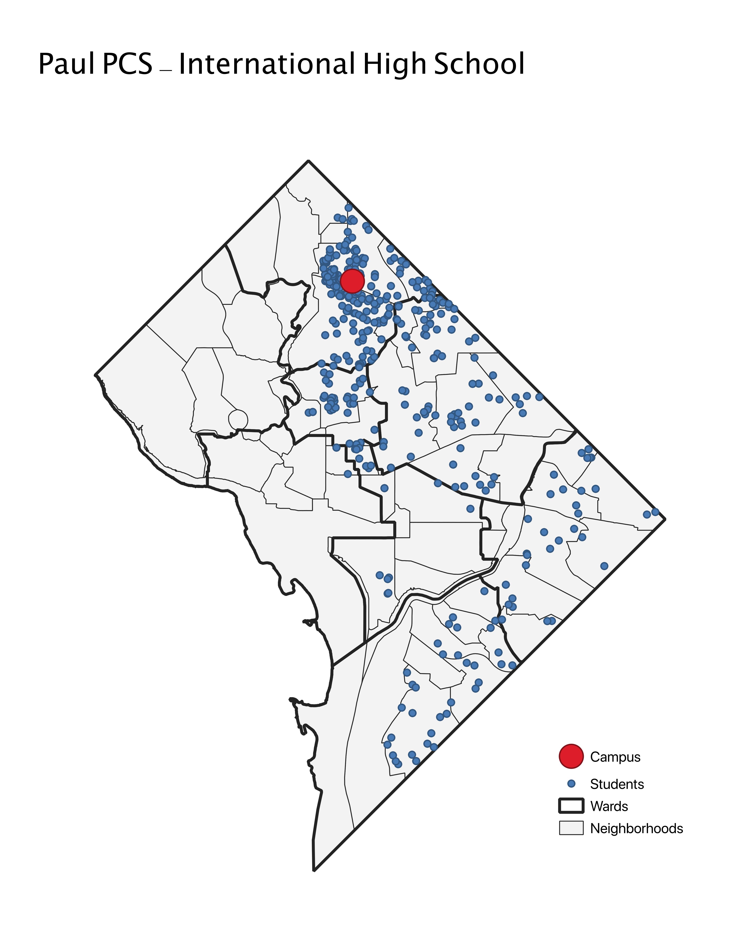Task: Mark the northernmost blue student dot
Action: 348,208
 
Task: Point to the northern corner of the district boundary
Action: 308,161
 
